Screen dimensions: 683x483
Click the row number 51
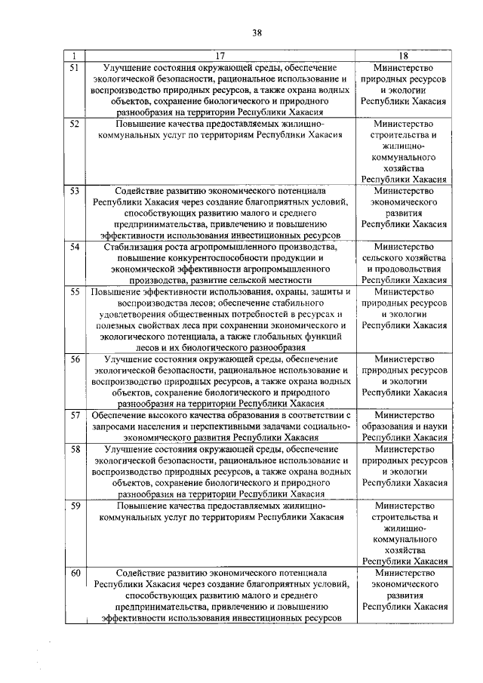tap(75, 68)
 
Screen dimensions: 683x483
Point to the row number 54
tap(75, 248)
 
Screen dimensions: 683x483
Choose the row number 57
tap(75, 415)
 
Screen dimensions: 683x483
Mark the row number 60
tap(75, 574)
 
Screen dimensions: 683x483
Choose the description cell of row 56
tap(220, 381)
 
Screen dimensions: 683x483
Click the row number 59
tap(75, 506)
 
